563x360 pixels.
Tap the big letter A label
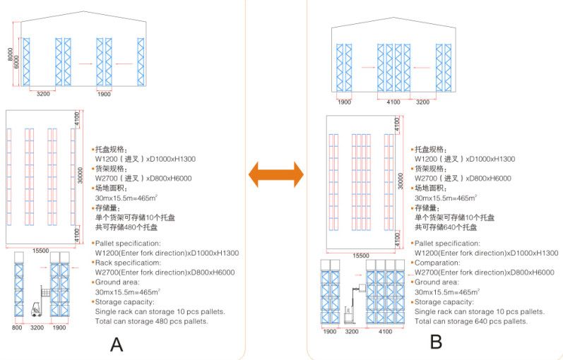(117, 344)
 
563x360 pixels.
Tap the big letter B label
(436, 342)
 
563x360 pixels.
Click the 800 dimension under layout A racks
(18, 328)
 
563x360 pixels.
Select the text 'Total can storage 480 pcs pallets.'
(151, 321)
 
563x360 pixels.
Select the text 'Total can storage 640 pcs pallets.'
(470, 321)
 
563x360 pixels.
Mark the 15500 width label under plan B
(360, 256)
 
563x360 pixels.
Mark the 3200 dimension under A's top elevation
(42, 93)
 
